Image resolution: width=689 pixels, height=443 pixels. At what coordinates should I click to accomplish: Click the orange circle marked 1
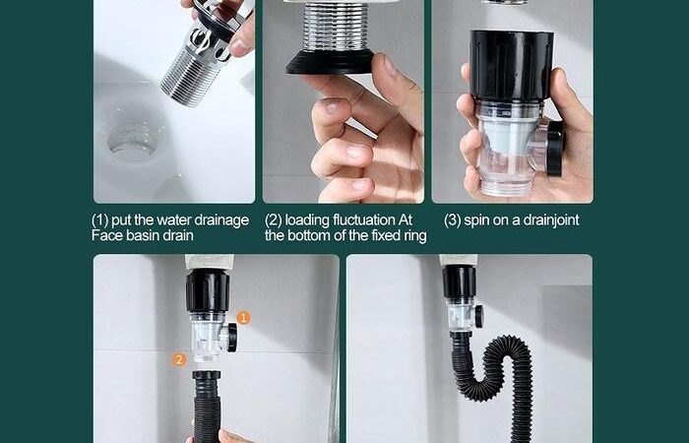coord(243,317)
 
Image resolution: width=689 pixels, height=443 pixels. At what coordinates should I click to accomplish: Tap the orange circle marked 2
coord(179,360)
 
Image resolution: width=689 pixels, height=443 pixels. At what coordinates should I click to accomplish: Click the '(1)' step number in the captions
coord(99,221)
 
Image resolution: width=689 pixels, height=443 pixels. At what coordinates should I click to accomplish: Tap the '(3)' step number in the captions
coord(452,221)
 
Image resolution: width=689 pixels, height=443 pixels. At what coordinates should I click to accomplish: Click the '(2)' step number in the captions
coord(274,221)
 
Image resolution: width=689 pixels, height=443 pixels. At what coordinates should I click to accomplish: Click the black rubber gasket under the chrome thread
coord(330,62)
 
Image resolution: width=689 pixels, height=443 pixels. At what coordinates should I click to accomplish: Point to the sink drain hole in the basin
coord(133,140)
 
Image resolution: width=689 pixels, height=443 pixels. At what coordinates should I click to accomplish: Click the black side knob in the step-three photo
coord(554,148)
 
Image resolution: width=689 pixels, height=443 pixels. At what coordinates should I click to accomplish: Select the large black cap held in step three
coord(512,64)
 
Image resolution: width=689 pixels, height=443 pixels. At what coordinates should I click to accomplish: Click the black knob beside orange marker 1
coord(231,338)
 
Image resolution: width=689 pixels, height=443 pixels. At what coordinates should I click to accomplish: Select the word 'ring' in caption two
coord(414,236)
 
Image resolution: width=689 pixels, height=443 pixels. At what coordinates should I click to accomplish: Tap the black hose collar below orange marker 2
coord(207,376)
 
